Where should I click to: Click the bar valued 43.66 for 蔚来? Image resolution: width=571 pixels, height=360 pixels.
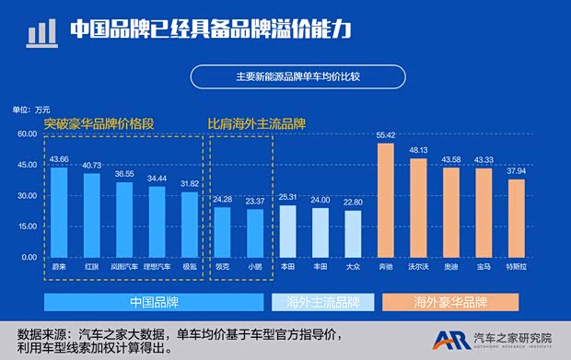coord(58,212)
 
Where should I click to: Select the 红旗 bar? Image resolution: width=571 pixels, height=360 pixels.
coord(91,215)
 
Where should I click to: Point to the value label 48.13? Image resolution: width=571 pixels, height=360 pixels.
coord(419,149)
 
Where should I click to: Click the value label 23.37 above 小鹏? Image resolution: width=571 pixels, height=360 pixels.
coord(254,201)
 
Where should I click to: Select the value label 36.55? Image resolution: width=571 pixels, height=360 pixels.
coord(124,173)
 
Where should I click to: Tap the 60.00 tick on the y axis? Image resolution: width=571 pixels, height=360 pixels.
coord(26,134)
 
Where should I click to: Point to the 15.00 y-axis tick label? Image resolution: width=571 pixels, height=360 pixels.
coord(26,226)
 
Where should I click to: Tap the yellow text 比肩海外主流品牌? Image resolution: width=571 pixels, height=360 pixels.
coord(256,122)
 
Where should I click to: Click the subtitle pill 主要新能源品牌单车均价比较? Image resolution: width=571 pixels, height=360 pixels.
coord(297,76)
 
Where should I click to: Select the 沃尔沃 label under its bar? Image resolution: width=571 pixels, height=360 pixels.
coord(419,266)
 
